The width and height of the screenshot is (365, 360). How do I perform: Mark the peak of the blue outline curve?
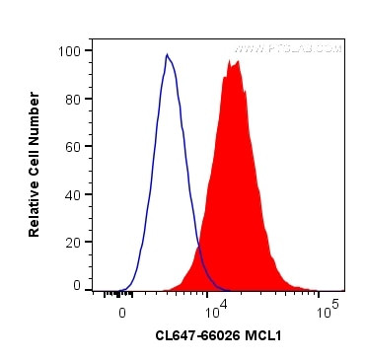coord(167,55)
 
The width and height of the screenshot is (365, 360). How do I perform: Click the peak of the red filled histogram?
coord(235,61)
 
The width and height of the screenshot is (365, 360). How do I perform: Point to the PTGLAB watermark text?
coord(291,47)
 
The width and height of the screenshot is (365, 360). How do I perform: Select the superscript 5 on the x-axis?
coord(335,305)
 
